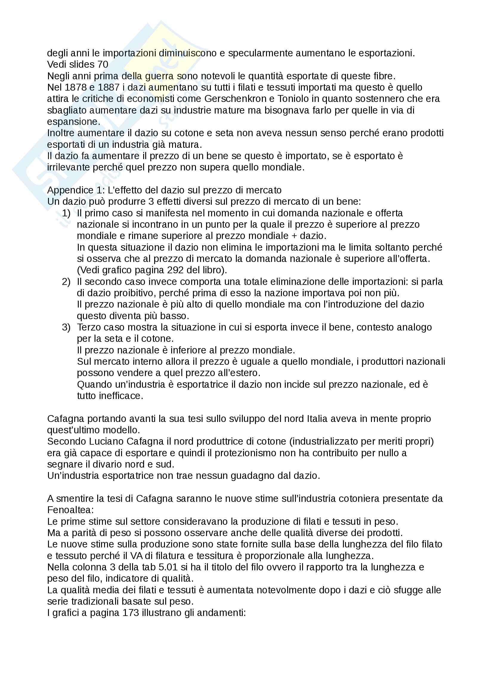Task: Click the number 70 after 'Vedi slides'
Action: pos(103,64)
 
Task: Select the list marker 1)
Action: pos(66,213)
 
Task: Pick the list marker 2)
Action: pos(66,282)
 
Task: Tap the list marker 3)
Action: pos(66,327)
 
